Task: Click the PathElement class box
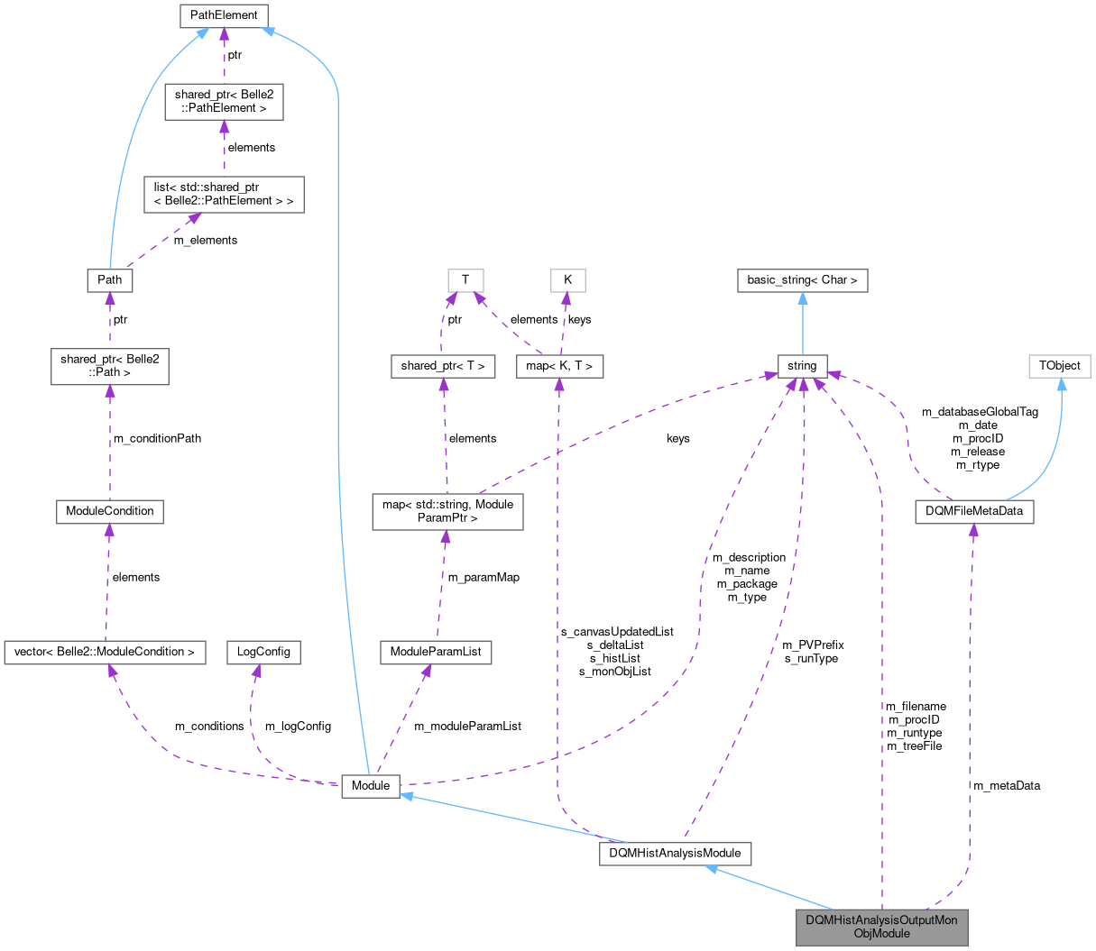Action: pyautogui.click(x=224, y=15)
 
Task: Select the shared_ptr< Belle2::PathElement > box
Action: pyautogui.click(x=224, y=101)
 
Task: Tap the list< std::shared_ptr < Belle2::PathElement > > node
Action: pyautogui.click(x=224, y=194)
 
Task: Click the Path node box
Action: pyautogui.click(x=110, y=279)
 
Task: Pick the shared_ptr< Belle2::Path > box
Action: pyautogui.click(x=110, y=365)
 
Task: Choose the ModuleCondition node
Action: pyautogui.click(x=110, y=511)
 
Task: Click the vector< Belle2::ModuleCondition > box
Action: pyautogui.click(x=105, y=651)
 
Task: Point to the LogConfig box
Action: pyautogui.click(x=263, y=651)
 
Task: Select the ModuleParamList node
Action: pyautogui.click(x=436, y=651)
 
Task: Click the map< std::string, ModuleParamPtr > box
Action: pyautogui.click(x=447, y=511)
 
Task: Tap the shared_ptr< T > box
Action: pyautogui.click(x=443, y=365)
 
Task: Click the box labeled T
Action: pyautogui.click(x=465, y=279)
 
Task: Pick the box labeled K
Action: pyautogui.click(x=567, y=279)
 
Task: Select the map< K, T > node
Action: pyautogui.click(x=559, y=365)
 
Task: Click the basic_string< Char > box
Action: pyautogui.click(x=802, y=279)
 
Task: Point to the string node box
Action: pyautogui.click(x=802, y=365)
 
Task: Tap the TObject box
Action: pyautogui.click(x=1060, y=365)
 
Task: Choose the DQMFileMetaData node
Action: pyautogui.click(x=973, y=511)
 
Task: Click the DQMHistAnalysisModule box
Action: pyautogui.click(x=676, y=853)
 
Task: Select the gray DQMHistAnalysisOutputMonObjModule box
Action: pyautogui.click(x=881, y=927)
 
